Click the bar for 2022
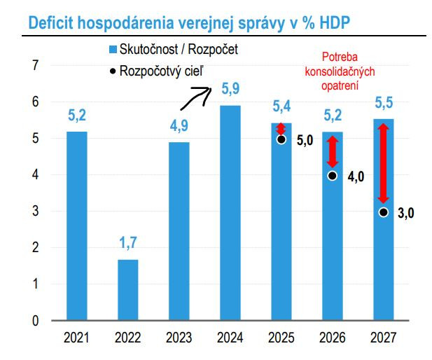coord(127,289)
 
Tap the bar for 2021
coord(77,226)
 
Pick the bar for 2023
coord(179,230)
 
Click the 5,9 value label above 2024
coord(231,89)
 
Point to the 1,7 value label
coord(128,243)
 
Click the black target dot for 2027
coord(383,212)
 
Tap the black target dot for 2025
coord(281,139)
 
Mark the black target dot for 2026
coord(333,176)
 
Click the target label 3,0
coord(406,214)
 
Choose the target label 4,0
coord(356,176)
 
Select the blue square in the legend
coord(113,50)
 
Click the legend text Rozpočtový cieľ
coord(163,70)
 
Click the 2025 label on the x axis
coord(281,338)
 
